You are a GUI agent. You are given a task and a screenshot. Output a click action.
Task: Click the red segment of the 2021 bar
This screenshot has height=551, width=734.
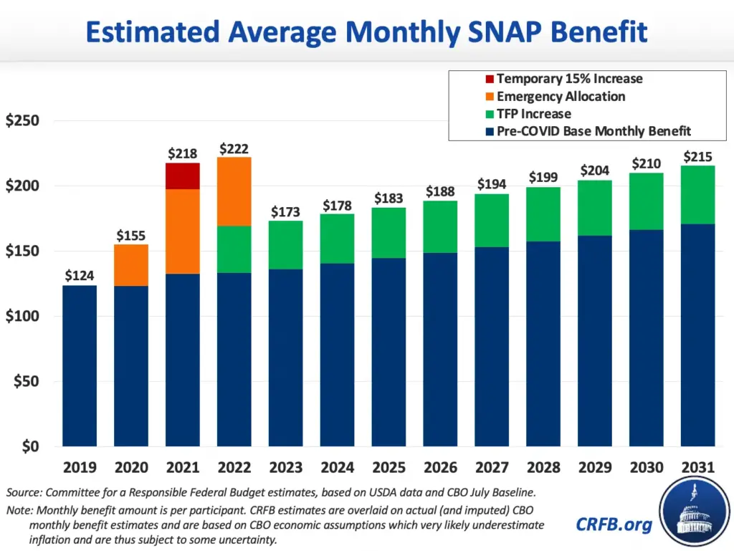click(x=183, y=176)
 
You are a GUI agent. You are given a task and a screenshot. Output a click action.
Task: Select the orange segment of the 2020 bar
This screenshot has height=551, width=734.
click(x=131, y=265)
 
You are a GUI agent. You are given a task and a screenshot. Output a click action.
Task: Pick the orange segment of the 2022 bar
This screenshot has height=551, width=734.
click(x=234, y=191)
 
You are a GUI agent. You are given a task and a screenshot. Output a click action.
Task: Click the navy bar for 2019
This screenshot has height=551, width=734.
click(x=80, y=365)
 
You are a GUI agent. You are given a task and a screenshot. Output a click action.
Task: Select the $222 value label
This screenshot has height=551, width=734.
click(x=234, y=148)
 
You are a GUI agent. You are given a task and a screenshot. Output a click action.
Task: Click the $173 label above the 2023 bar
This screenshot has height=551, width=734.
click(x=286, y=212)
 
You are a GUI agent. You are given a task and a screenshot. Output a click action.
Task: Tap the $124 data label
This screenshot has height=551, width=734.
click(x=80, y=276)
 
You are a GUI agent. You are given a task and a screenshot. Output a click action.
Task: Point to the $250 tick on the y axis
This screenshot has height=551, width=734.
click(x=23, y=120)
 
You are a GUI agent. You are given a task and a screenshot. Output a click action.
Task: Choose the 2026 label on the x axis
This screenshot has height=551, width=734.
click(x=440, y=468)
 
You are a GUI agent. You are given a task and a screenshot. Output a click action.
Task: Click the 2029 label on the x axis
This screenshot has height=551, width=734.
click(x=595, y=468)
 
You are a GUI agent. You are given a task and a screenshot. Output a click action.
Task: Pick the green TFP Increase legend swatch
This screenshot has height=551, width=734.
click(x=489, y=114)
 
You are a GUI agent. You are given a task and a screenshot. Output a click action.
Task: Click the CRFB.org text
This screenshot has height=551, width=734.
click(x=614, y=524)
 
